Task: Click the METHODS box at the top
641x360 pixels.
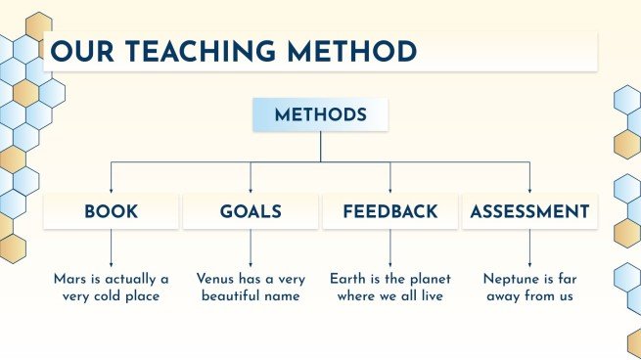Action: click(x=321, y=114)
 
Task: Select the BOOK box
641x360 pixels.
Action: click(x=112, y=211)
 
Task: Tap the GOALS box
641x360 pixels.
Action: click(x=251, y=211)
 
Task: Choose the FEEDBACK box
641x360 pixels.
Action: click(x=390, y=211)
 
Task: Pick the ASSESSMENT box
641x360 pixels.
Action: click(x=529, y=211)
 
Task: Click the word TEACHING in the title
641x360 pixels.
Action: click(x=201, y=52)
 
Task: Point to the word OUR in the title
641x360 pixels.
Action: click(x=82, y=52)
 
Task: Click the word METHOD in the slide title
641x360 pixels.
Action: click(x=352, y=52)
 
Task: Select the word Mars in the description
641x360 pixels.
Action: click(x=69, y=279)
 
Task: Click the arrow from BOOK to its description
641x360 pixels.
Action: click(x=112, y=248)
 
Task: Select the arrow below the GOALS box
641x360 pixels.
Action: click(x=251, y=248)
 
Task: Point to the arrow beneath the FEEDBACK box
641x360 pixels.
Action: click(x=390, y=248)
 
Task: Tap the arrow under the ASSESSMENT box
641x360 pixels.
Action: click(x=529, y=248)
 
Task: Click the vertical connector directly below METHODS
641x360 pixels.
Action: click(x=321, y=147)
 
